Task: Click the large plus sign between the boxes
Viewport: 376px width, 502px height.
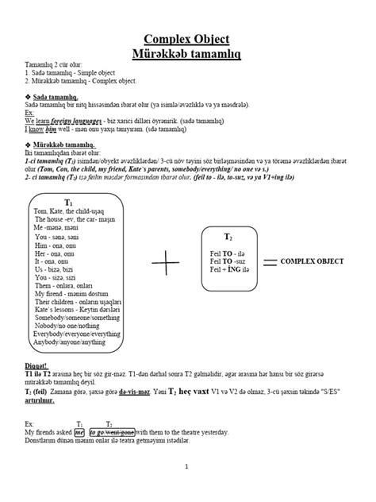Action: coord(166,263)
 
